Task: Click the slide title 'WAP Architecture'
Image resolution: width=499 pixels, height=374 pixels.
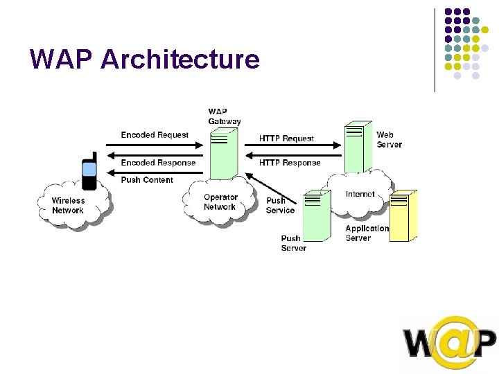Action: [145, 60]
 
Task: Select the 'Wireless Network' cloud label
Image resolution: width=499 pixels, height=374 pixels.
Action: [68, 206]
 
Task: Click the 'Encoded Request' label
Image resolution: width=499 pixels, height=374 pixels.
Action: [155, 135]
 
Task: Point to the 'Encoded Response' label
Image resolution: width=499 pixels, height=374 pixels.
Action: [158, 163]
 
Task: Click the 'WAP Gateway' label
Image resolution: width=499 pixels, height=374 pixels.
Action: [225, 116]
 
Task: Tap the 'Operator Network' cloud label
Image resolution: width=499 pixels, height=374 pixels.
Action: [220, 202]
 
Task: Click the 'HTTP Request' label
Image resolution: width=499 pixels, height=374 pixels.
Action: [286, 139]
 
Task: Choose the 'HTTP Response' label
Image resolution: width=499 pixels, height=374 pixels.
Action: [290, 163]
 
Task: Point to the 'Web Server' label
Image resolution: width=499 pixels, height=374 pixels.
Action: [389, 139]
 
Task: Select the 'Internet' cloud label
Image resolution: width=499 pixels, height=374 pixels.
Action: [360, 195]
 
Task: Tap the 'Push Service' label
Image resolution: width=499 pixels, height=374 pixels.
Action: [280, 206]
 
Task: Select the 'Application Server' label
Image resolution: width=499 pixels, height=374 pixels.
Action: [367, 233]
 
